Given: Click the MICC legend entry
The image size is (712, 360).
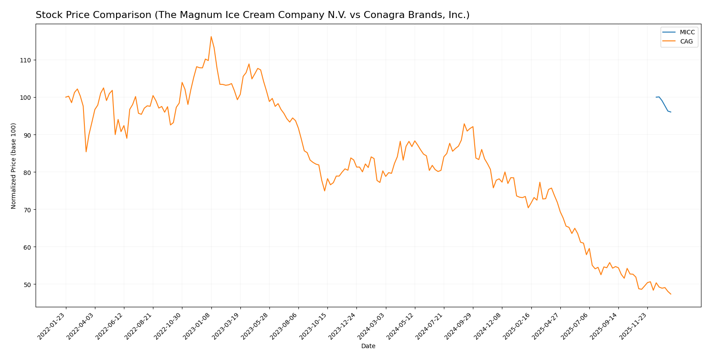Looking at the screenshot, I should (x=687, y=33).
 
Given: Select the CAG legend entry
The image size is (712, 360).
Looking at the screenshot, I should (x=686, y=42).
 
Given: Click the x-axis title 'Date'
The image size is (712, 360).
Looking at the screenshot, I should (x=368, y=346).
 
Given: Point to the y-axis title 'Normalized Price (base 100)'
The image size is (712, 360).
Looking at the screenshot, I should (x=14, y=166).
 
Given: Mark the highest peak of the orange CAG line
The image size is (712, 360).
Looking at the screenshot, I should (x=211, y=36).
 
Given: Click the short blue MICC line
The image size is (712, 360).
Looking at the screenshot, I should (x=663, y=104).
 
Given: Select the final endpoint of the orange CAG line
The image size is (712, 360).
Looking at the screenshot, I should (x=671, y=294).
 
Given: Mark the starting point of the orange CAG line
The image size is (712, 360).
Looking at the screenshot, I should (x=66, y=97).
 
